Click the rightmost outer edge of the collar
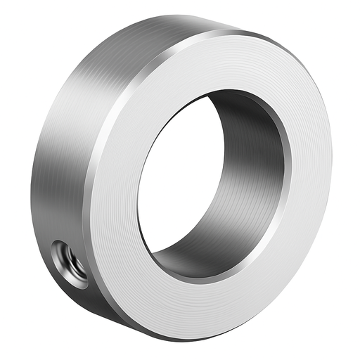(331, 162)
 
